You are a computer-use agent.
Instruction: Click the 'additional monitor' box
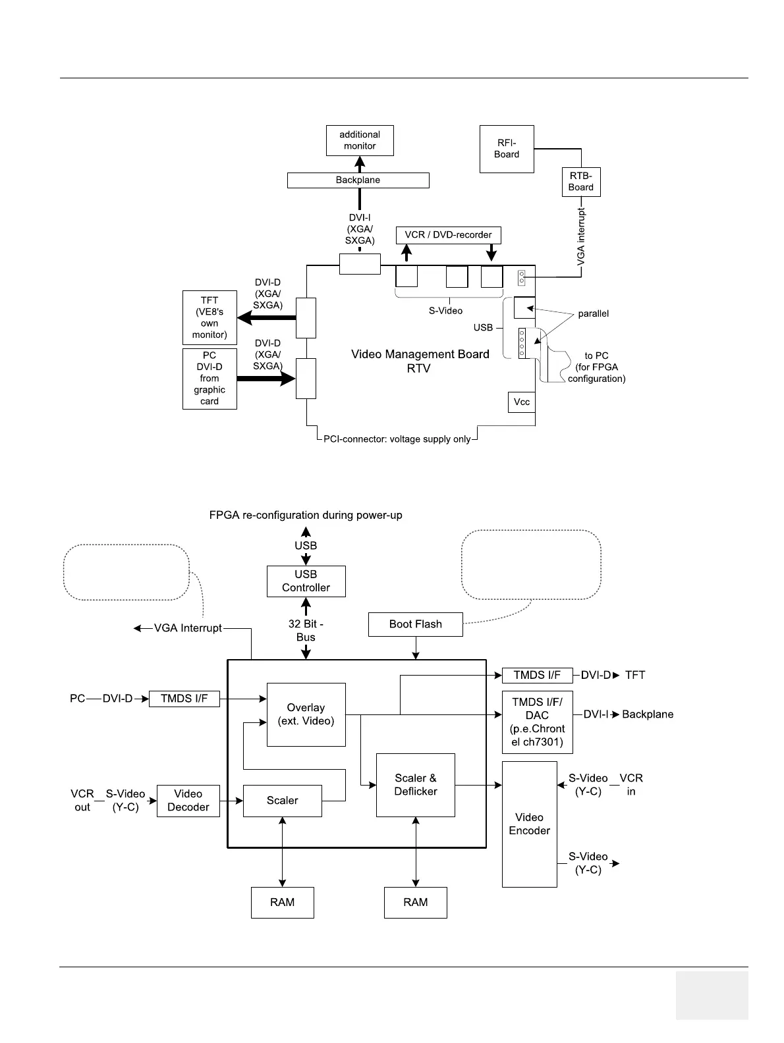(360, 140)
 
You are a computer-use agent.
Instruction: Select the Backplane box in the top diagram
(358, 180)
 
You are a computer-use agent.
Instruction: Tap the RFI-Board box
(507, 149)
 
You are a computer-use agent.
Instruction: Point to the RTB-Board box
(581, 182)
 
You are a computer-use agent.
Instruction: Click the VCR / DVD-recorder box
(448, 235)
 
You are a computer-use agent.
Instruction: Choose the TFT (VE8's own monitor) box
(210, 318)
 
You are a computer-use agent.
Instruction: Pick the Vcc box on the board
(521, 402)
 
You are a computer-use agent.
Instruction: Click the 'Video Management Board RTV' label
(420, 361)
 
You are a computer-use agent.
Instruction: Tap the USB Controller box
(306, 581)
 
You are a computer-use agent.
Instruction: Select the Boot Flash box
(415, 624)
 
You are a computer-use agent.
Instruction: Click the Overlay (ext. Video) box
(306, 714)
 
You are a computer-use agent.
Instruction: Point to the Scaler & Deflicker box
(415, 785)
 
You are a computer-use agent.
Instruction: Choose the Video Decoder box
(188, 801)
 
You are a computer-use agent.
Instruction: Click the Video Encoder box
(529, 824)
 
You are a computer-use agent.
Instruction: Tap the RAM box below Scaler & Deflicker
(415, 902)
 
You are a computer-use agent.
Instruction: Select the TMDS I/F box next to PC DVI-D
(184, 699)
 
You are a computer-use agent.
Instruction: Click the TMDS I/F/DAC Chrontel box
(537, 722)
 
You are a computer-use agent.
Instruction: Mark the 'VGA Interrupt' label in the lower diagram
(188, 628)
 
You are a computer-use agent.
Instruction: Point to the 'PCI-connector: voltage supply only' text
(397, 439)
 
